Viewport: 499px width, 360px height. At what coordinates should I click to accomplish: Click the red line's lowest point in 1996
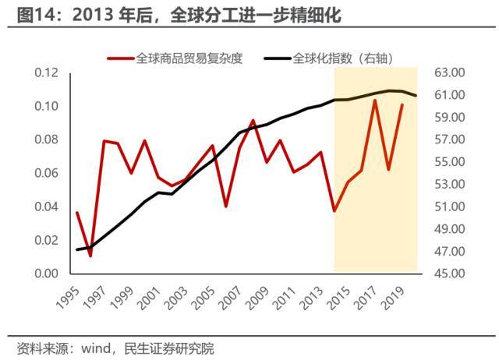coord(90,256)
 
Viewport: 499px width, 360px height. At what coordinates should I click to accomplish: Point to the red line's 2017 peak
coord(375,101)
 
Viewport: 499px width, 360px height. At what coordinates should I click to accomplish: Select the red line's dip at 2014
coord(334,211)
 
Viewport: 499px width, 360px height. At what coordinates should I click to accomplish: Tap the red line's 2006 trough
coord(226,206)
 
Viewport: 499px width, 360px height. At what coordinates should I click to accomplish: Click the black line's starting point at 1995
coord(77,250)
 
